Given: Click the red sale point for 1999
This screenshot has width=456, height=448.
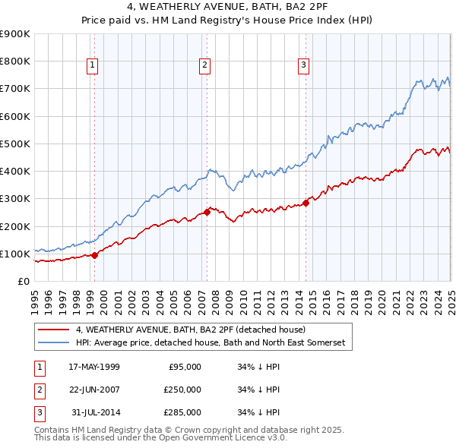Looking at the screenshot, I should (95, 255).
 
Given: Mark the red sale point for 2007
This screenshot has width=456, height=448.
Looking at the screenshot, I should (207, 213).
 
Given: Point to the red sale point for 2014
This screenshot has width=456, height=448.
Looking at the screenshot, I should (306, 203).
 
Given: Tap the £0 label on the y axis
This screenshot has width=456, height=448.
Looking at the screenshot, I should (22, 281).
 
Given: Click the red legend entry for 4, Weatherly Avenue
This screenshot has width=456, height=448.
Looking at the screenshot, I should (190, 330).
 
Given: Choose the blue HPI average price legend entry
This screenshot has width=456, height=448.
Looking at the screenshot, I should (210, 343).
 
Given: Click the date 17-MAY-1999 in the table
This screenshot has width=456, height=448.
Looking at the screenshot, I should (94, 367).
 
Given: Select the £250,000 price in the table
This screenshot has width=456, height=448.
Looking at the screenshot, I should (182, 390).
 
